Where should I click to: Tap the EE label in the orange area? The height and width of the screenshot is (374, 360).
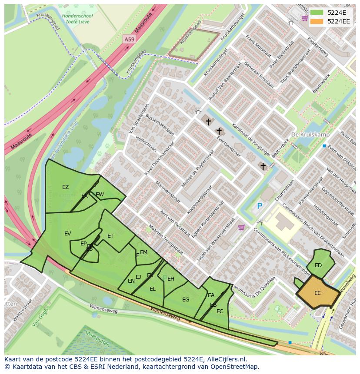coord(317,293)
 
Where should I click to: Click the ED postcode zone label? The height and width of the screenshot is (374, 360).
coord(318,265)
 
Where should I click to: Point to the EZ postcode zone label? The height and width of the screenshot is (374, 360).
coord(65,187)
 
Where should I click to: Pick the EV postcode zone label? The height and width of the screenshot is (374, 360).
coord(67,234)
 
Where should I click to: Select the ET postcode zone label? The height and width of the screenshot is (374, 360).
coord(110,236)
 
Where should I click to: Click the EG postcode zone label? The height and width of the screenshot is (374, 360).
coord(186,300)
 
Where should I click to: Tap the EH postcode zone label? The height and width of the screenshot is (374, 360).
coord(171,279)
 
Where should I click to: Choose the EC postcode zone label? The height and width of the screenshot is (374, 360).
coord(220,311)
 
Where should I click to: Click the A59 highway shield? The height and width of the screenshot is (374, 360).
coord(129,39)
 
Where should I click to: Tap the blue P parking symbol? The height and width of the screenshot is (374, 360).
coord(260,206)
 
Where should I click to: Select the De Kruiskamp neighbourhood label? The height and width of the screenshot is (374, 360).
coord(310,135)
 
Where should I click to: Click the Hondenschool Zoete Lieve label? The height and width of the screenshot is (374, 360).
coord(77,19)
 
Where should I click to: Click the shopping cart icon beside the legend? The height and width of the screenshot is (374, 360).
coord(304,18)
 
